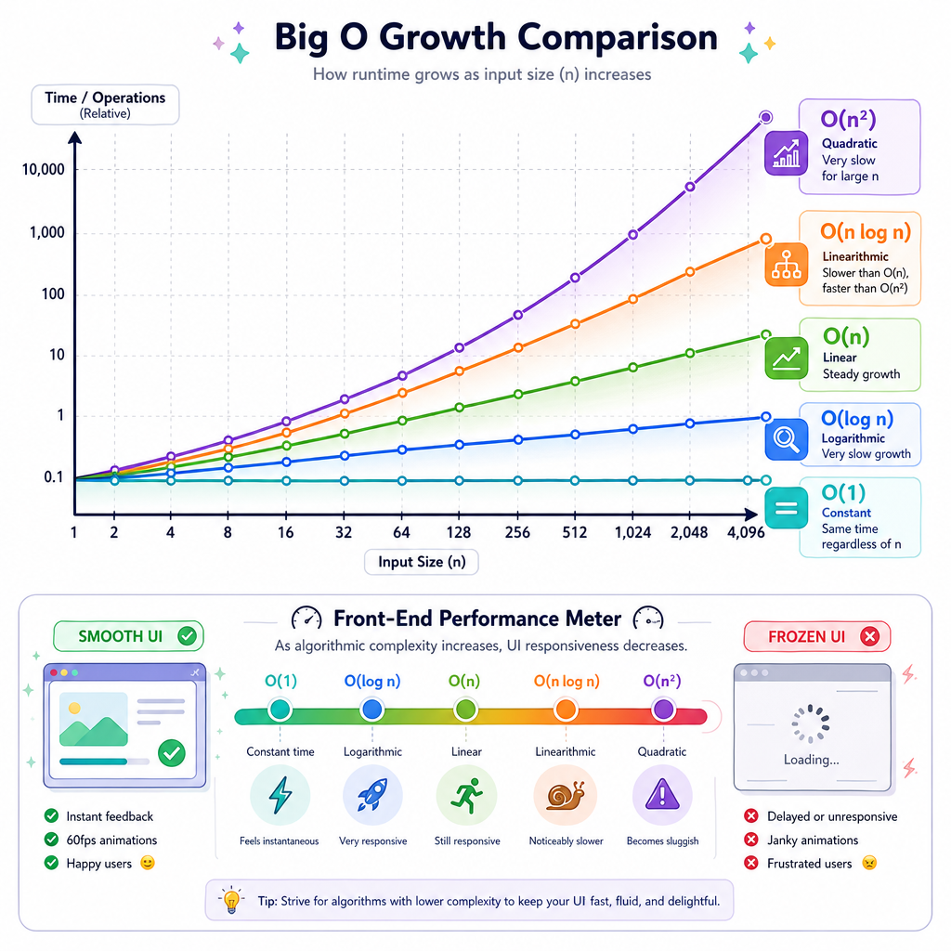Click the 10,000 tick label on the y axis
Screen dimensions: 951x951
coord(43,169)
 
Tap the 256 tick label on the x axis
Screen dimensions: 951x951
coord(517,532)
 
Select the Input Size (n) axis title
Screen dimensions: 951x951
coord(422,562)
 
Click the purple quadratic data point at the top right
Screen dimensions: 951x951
coord(765,117)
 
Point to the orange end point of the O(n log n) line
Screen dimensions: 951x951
coord(766,239)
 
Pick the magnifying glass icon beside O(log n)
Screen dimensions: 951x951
coord(786,438)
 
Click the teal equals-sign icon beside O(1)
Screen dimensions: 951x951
coord(786,508)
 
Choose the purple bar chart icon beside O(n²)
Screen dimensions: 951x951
coord(786,153)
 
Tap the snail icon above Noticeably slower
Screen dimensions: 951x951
coord(566,795)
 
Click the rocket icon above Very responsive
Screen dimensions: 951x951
coord(372,795)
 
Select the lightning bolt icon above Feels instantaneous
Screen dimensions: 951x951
coord(280,795)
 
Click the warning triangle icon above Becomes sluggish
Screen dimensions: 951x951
coord(662,794)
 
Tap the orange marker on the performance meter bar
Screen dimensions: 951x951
coord(566,710)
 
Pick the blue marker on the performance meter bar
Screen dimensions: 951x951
coord(371,710)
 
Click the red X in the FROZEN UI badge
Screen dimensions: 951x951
coord(869,636)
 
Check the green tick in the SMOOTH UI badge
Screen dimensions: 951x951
coord(188,635)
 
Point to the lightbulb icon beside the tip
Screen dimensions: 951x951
coord(231,900)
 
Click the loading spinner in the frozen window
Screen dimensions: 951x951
coord(810,723)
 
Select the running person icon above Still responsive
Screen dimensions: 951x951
coord(467,795)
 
